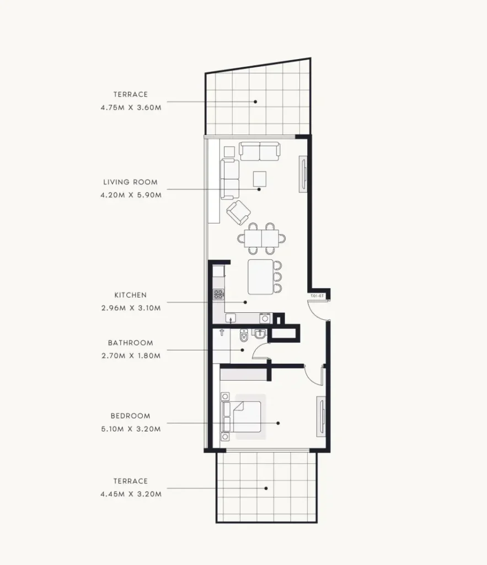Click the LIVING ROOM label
(130, 182)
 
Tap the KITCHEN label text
(130, 295)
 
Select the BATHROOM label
(130, 343)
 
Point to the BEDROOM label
(130, 416)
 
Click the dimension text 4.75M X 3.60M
(131, 108)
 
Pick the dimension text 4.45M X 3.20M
(131, 494)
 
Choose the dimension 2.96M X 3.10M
(131, 308)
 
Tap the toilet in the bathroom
(244, 335)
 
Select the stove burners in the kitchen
(218, 295)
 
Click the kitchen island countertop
(261, 277)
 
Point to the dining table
(261, 238)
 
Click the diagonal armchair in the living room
(238, 212)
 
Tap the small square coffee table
(259, 179)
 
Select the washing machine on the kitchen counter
(265, 318)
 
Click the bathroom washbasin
(260, 334)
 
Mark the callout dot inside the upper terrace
(255, 102)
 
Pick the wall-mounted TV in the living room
(303, 174)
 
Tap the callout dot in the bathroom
(243, 350)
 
